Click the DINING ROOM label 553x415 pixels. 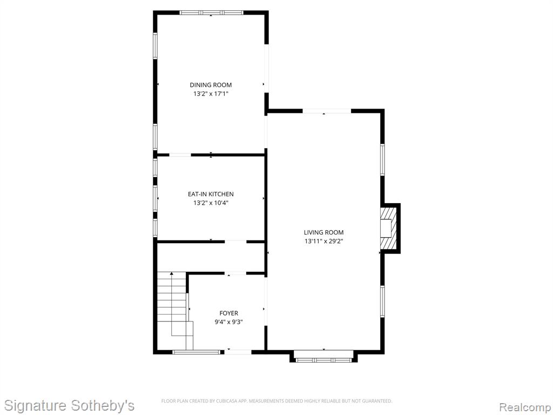click(x=211, y=85)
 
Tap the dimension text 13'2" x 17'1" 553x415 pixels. click(x=211, y=94)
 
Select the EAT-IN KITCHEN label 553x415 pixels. click(x=211, y=194)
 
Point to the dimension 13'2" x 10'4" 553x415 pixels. click(x=211, y=203)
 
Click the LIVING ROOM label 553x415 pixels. click(x=324, y=232)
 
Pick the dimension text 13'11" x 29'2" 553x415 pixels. click(x=324, y=242)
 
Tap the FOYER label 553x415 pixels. click(x=228, y=313)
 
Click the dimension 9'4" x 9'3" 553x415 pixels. click(x=228, y=322)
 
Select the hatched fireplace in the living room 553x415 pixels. click(x=388, y=229)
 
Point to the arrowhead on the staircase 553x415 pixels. click(x=171, y=273)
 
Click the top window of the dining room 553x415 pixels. click(x=211, y=13)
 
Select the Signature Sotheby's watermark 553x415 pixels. click(x=69, y=405)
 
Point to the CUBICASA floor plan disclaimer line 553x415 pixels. click(x=276, y=401)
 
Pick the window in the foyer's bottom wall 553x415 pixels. click(x=197, y=352)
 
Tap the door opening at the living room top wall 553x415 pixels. click(x=327, y=111)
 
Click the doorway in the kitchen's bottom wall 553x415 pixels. click(x=235, y=242)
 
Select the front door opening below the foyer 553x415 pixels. click(x=238, y=352)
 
